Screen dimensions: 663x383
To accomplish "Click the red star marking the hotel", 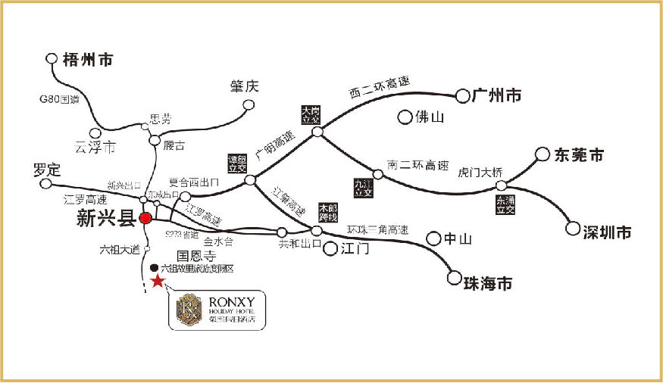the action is coord(158,281).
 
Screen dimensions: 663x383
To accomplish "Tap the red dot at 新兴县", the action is coord(146,219).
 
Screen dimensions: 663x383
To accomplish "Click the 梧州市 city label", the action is coord(88,59).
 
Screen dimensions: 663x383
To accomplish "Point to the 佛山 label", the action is coord(430,117).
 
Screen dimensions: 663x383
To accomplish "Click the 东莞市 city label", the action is coord(580,156).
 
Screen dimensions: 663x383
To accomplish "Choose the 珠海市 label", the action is coord(488,284).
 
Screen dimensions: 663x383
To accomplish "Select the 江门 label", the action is coord(355,248).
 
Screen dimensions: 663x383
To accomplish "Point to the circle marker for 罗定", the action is coord(46,183).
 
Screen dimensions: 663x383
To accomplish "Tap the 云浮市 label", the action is coord(96,147).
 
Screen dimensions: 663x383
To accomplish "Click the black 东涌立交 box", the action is coord(505,204).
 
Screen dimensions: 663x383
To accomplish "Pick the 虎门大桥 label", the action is coord(480,172).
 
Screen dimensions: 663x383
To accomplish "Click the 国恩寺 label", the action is coord(192,256).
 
